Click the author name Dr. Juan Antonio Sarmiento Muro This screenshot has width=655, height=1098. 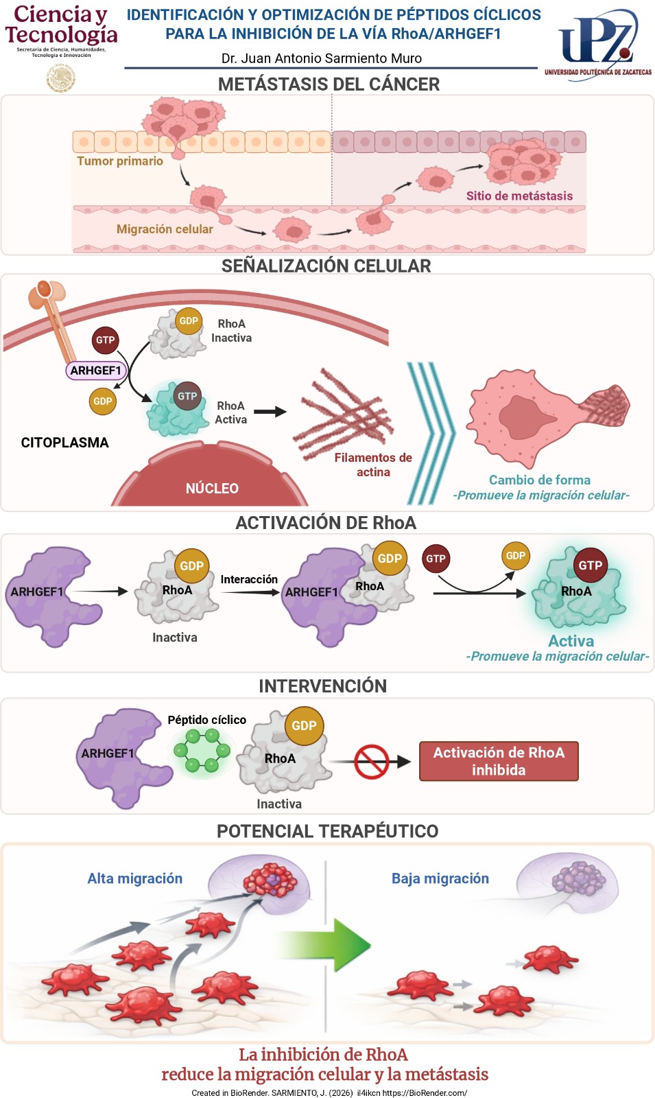(x=321, y=58)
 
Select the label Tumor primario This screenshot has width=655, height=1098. (x=120, y=161)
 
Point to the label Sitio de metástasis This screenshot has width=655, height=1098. (x=519, y=196)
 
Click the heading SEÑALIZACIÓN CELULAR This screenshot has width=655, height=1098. (x=326, y=266)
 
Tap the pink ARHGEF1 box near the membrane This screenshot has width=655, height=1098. (x=96, y=371)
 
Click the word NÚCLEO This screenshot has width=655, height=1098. (x=212, y=489)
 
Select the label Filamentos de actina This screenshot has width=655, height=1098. (x=373, y=465)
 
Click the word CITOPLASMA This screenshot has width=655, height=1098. (x=64, y=443)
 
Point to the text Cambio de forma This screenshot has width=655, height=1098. (x=539, y=480)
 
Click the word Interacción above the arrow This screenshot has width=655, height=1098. (x=249, y=580)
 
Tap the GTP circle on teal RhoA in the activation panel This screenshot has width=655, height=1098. (x=590, y=565)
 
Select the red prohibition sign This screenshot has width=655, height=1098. (x=371, y=761)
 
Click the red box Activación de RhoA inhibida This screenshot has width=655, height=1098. (x=499, y=761)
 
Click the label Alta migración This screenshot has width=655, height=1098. (x=135, y=878)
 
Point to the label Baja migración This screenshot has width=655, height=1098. (x=440, y=878)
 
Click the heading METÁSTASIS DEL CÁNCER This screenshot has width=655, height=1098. (x=329, y=84)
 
